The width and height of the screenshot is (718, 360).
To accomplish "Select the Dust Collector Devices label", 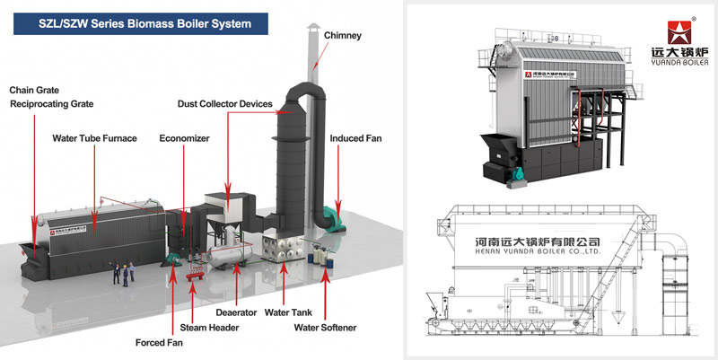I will [x=225, y=104].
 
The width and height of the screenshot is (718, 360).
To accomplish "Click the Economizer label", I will [x=184, y=138].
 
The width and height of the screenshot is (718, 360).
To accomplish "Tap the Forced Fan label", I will [x=160, y=342].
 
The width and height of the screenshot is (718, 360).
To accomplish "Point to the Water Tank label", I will [x=288, y=313].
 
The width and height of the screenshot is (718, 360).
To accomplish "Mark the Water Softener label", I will [x=325, y=328].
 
